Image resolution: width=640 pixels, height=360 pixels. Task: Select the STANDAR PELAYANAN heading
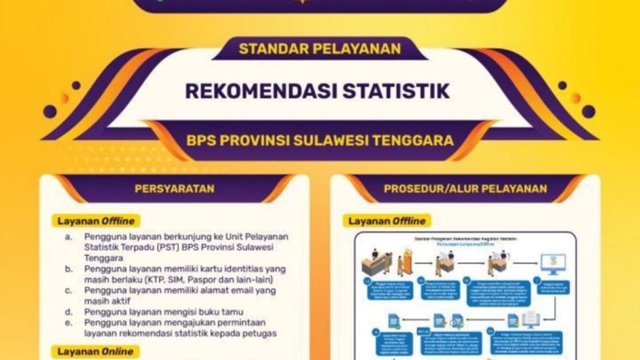pos(319,49)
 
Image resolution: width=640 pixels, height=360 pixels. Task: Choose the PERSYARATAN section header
pos(174,188)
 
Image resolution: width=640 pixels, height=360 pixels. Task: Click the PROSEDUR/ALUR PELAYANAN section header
pos(465,188)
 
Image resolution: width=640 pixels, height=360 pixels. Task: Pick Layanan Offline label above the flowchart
pos(386,220)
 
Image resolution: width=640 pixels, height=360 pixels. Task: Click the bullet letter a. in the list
pos(68,236)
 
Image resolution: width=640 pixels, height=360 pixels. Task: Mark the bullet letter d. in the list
pos(68,312)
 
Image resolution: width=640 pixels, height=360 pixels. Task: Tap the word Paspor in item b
pos(223,279)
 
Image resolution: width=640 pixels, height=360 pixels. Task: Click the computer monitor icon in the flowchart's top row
pos(553,263)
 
